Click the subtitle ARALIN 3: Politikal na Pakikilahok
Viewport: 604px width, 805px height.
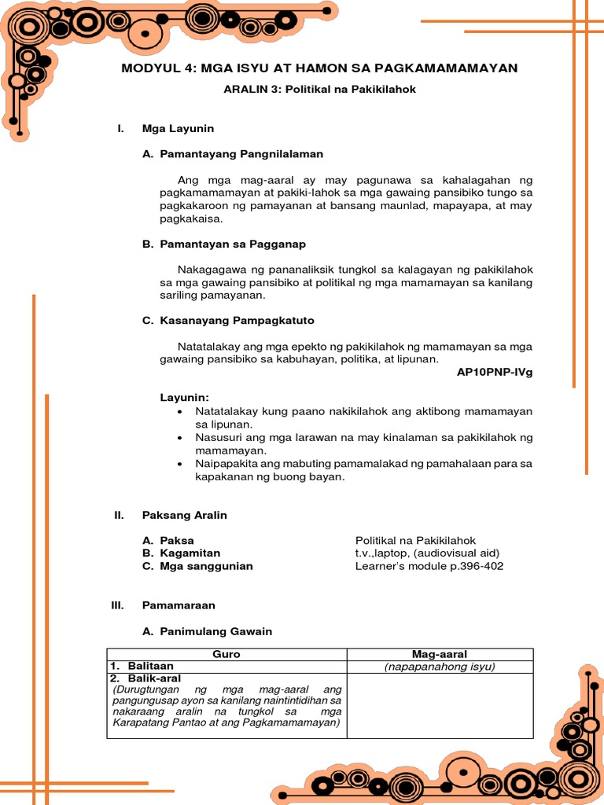pos(319,90)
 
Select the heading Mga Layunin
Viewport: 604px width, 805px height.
pos(178,128)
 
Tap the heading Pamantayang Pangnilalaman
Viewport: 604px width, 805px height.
pos(241,154)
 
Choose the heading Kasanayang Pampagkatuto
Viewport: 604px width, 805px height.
pos(237,321)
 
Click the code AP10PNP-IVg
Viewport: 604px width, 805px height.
pos(495,372)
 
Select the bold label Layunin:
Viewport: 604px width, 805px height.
pos(186,398)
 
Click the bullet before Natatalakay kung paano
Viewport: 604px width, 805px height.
pos(182,412)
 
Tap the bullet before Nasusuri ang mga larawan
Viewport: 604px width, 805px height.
pos(182,437)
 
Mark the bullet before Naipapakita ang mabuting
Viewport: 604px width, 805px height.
pos(182,464)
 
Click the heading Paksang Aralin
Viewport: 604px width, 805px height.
pos(184,515)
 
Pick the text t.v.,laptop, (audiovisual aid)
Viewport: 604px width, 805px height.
pos(427,553)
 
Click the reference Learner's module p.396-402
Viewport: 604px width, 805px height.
pos(429,566)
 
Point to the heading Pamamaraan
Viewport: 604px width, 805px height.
pos(179,605)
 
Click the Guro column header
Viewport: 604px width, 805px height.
pos(226,654)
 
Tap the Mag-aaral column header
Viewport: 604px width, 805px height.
pos(440,654)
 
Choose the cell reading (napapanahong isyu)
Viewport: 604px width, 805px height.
pos(440,667)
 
